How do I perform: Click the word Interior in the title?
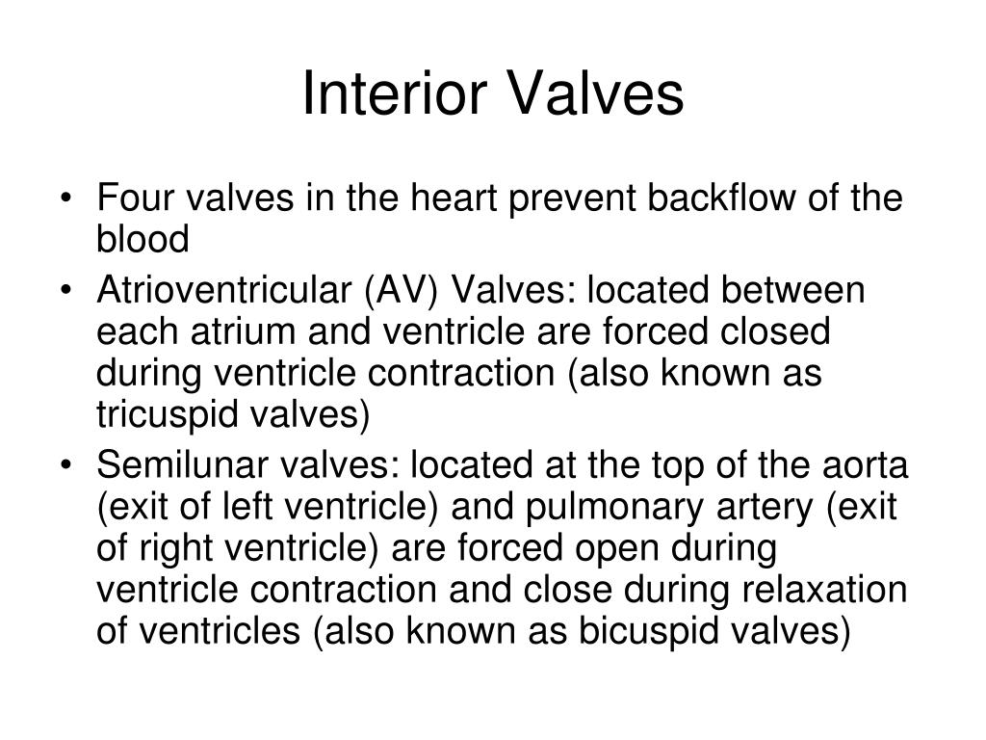[x=395, y=95]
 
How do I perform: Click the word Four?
[x=136, y=199]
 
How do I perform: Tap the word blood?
[x=143, y=239]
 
